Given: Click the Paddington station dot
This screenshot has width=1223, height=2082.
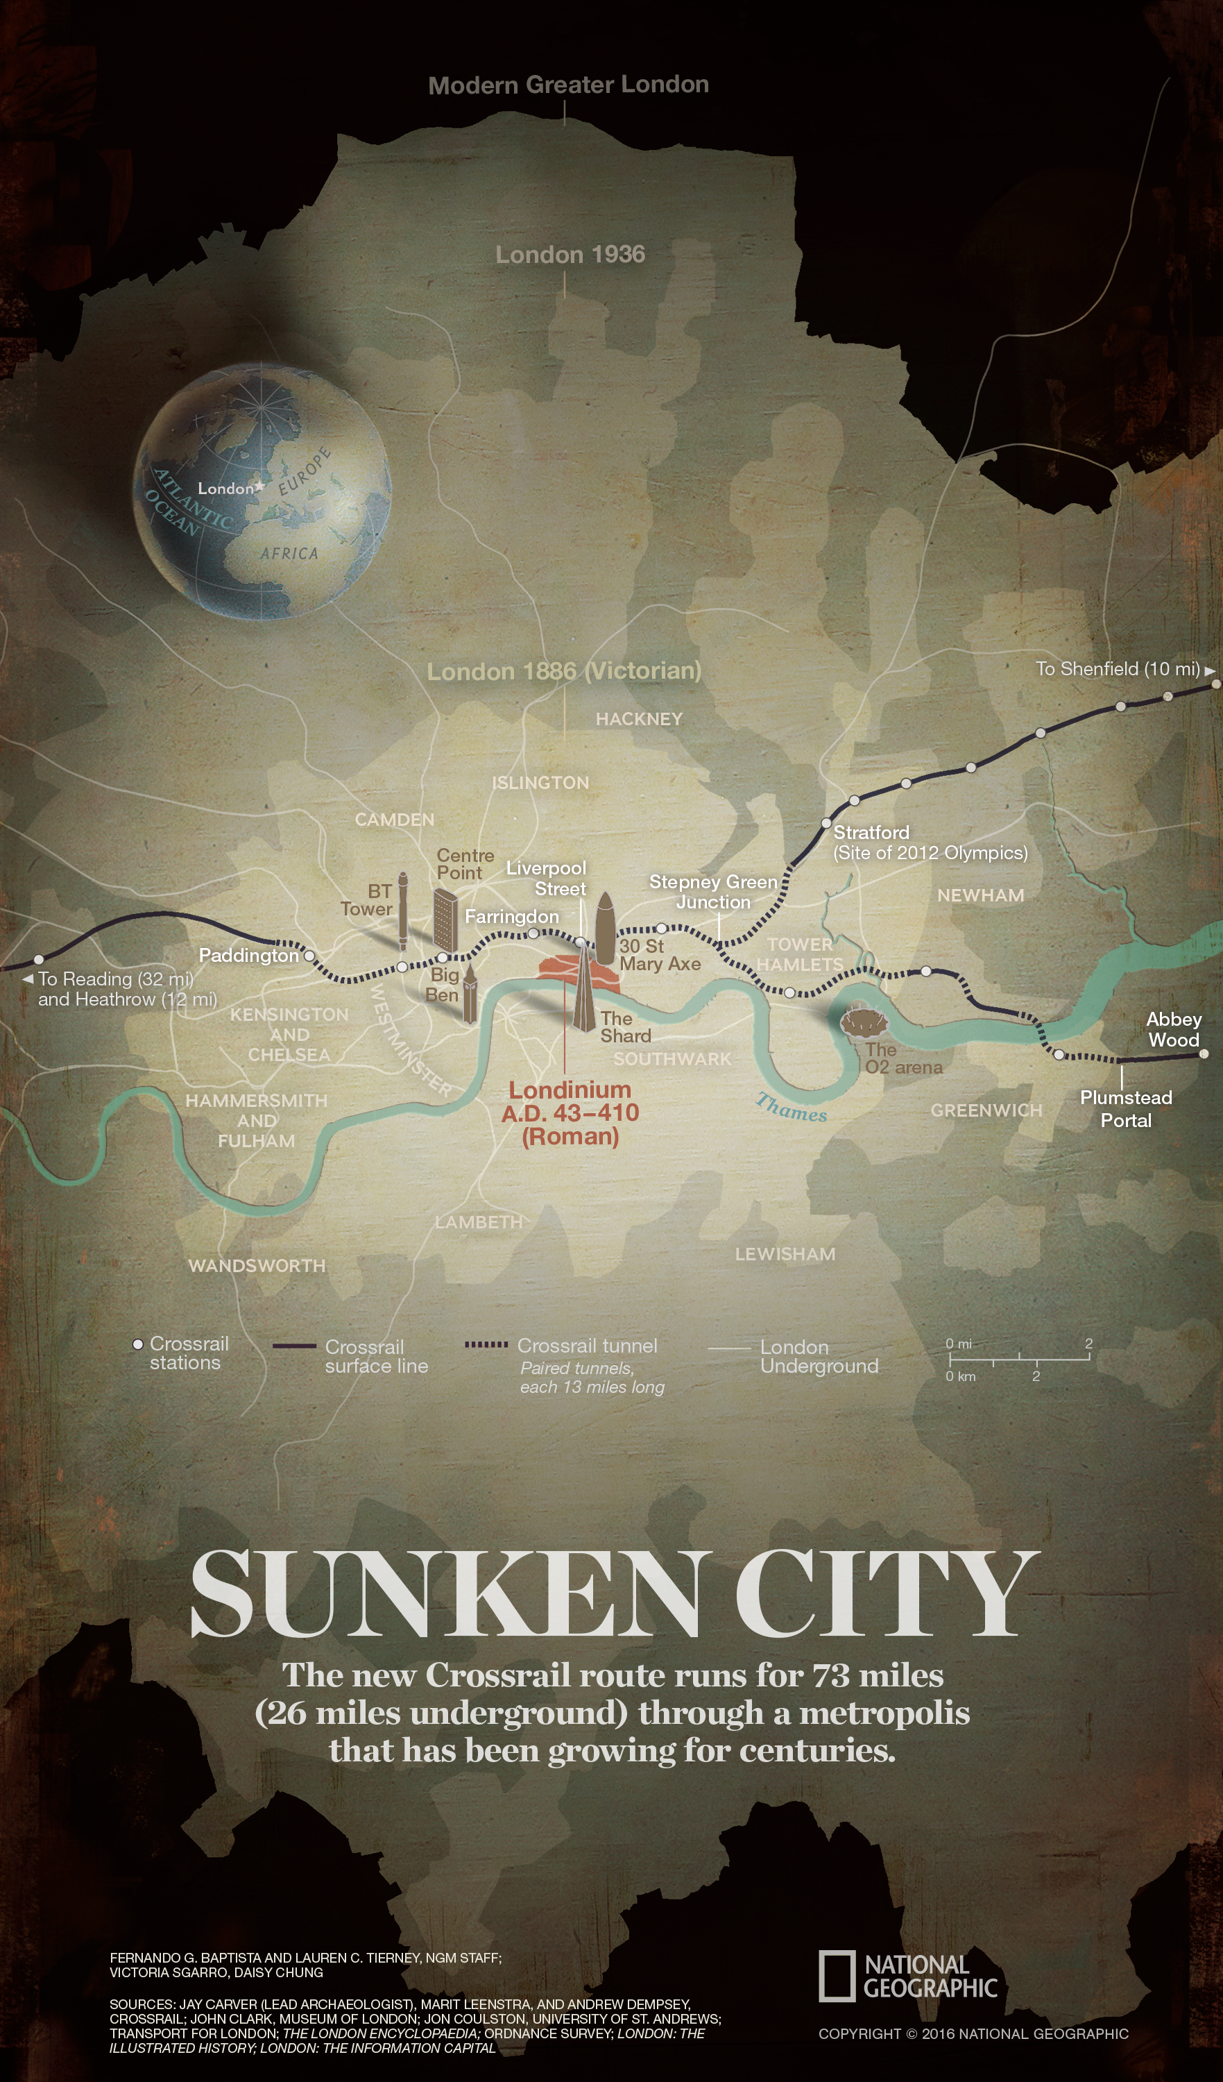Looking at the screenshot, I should pos(309,955).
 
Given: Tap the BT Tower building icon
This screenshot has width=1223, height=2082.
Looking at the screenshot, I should pos(403,909).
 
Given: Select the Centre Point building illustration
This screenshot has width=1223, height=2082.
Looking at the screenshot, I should pos(446,920).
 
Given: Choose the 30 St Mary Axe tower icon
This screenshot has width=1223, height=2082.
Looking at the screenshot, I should pos(606,928).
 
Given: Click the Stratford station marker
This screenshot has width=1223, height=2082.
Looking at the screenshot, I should pos(826,824).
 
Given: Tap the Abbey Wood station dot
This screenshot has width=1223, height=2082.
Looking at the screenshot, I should pos(1203,1053).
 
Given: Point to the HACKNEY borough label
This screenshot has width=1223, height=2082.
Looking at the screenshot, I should pos(639,719).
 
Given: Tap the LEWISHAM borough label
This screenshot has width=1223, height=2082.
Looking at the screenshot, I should pos(785,1253).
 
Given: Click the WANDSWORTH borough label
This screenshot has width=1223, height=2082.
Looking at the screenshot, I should pos(257,1265).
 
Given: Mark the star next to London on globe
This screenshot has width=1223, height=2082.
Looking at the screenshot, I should pos(260,486).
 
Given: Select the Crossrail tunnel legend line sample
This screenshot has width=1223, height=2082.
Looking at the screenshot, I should pos(486,1345).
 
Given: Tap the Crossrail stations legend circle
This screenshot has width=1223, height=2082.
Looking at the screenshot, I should pos(138,1344).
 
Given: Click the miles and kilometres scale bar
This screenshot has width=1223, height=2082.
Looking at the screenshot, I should pos(1020,1357).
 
